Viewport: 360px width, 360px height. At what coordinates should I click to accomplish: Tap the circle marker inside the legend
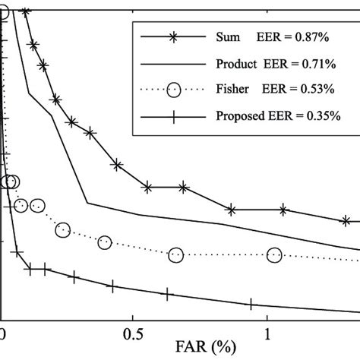(x=174, y=90)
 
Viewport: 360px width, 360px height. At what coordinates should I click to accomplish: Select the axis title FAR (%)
(x=182, y=351)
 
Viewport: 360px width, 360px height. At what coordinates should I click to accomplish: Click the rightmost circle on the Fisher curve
(x=274, y=255)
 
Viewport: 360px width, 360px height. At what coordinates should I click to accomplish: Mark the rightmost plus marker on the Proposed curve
(x=250, y=305)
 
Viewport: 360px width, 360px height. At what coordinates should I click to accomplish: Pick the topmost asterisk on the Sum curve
(x=25, y=11)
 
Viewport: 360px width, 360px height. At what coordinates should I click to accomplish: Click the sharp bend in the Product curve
(x=87, y=203)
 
